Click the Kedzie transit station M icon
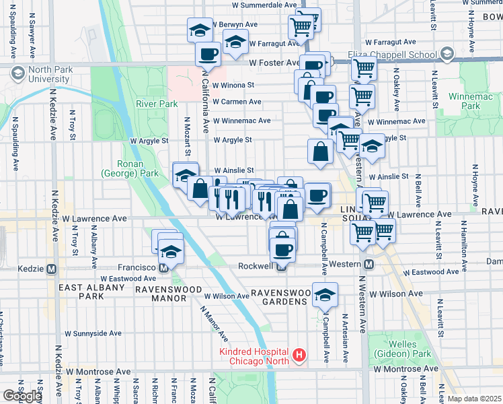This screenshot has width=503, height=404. (51, 269)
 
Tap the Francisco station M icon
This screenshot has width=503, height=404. (163, 268)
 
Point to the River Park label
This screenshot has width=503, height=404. (157, 104)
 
